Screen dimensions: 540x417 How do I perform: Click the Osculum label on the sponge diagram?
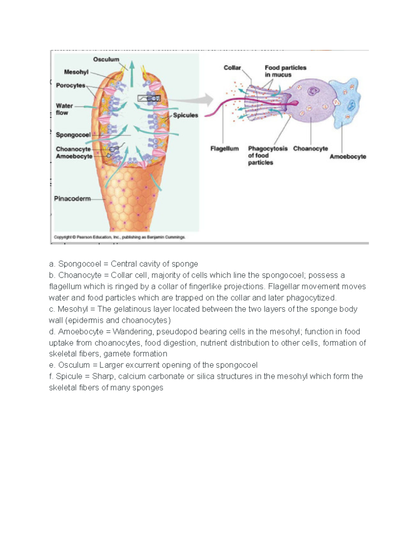click(106, 59)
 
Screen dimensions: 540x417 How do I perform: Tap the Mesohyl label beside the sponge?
click(76, 72)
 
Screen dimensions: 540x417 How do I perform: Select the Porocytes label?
click(71, 85)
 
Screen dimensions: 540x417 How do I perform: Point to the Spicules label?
click(186, 115)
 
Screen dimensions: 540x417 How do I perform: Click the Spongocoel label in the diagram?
click(73, 135)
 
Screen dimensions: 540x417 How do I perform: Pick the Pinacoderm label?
click(72, 199)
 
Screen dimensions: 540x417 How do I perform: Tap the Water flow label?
click(64, 109)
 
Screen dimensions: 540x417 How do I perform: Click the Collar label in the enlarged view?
click(232, 67)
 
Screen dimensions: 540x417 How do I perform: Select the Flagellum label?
click(224, 148)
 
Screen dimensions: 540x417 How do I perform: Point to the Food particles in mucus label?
click(285, 71)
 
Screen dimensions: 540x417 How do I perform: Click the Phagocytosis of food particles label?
click(268, 155)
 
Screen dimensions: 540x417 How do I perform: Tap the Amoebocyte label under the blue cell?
click(347, 156)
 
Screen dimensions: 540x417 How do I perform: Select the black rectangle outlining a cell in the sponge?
click(149, 98)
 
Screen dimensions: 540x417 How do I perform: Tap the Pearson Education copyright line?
click(120, 237)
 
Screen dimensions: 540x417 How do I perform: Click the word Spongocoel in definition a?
click(80, 264)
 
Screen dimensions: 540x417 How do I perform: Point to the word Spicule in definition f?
click(69, 376)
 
